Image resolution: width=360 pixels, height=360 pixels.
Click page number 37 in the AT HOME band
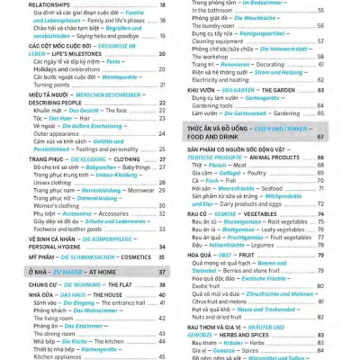[x=162, y=272]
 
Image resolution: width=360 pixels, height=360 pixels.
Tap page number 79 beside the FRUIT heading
[x=346, y=255]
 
